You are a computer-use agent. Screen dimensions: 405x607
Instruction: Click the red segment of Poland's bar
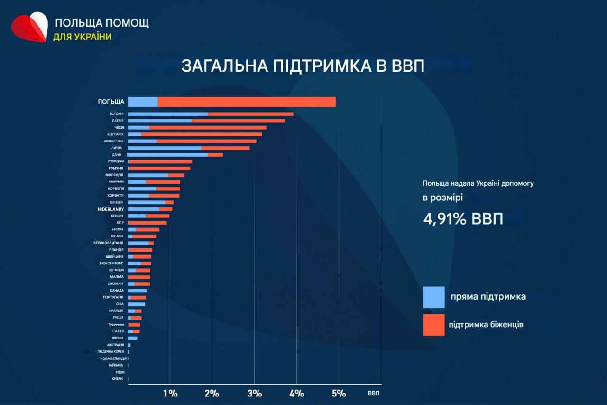[x=247, y=102]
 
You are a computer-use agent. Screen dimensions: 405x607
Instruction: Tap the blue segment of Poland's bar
[x=142, y=102]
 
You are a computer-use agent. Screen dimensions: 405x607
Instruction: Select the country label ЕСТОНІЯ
[x=116, y=114]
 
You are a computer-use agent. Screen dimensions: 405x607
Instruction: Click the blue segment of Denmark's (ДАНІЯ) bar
[x=167, y=155]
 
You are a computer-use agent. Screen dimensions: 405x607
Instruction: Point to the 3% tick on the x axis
[x=255, y=394]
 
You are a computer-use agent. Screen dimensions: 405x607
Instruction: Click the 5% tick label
[x=339, y=394]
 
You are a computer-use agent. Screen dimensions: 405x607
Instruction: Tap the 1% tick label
[x=170, y=394]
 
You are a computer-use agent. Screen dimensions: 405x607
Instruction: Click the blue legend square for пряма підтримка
[x=433, y=297]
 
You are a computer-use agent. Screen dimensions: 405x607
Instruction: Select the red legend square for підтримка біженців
[x=433, y=325]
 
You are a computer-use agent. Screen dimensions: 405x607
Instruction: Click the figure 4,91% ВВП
[x=463, y=219]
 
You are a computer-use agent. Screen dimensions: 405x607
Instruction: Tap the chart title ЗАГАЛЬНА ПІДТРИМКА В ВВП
[x=303, y=66]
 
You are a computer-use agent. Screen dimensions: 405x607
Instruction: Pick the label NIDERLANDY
[x=110, y=209]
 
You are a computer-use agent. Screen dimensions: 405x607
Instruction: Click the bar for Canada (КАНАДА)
[x=137, y=291]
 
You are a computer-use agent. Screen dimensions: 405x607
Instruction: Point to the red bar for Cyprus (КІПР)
[x=147, y=223]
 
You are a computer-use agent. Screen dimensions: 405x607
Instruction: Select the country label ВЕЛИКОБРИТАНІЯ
[x=109, y=243]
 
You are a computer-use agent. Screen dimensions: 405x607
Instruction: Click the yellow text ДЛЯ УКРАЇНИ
[x=82, y=37]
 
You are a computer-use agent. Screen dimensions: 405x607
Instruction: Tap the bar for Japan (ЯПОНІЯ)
[x=132, y=338]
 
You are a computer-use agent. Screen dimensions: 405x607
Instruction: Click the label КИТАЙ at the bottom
[x=118, y=379]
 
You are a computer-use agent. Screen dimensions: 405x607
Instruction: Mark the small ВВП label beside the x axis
[x=374, y=394]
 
